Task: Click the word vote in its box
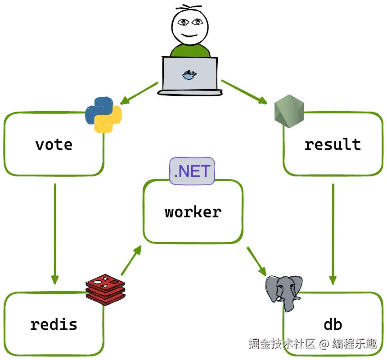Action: pyautogui.click(x=54, y=144)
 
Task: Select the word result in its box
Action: pyautogui.click(x=333, y=144)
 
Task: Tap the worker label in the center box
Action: pyautogui.click(x=193, y=212)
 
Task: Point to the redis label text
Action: pyautogui.click(x=54, y=324)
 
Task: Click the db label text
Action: pyautogui.click(x=333, y=324)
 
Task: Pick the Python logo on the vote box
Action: pyautogui.click(x=104, y=115)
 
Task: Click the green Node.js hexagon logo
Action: pyautogui.click(x=289, y=111)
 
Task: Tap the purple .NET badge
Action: pyautogui.click(x=192, y=171)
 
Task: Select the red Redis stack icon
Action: pyautogui.click(x=105, y=288)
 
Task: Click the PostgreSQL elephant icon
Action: pyautogui.click(x=283, y=292)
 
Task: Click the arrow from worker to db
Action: pyautogui.click(x=256, y=261)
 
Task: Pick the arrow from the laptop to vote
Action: pyautogui.click(x=139, y=93)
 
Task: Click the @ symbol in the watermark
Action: pyautogui.click(x=324, y=344)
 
